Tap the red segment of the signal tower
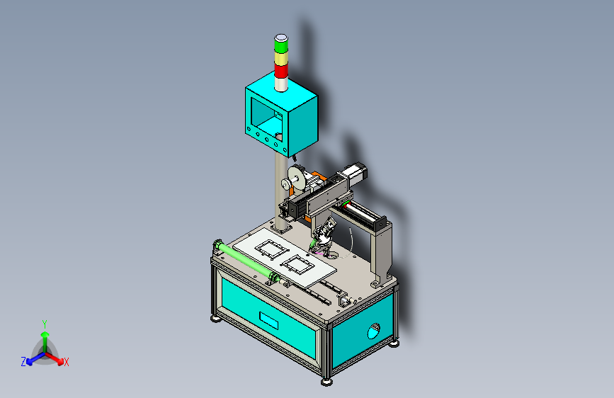pyautogui.click(x=280, y=71)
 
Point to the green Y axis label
pyautogui.click(x=44, y=323)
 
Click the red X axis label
pyautogui.click(x=67, y=362)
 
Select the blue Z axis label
pyautogui.click(x=23, y=362)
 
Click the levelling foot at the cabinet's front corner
pyautogui.click(x=326, y=381)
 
